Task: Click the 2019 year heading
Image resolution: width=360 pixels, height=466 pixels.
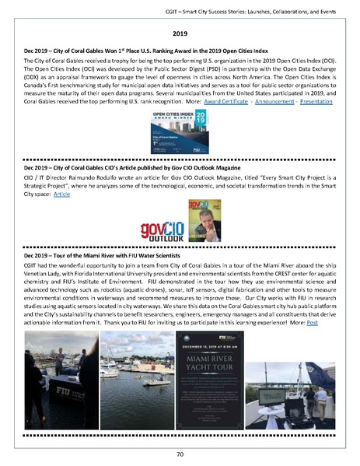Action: point(180,34)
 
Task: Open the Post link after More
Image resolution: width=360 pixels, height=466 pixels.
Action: point(313,321)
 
